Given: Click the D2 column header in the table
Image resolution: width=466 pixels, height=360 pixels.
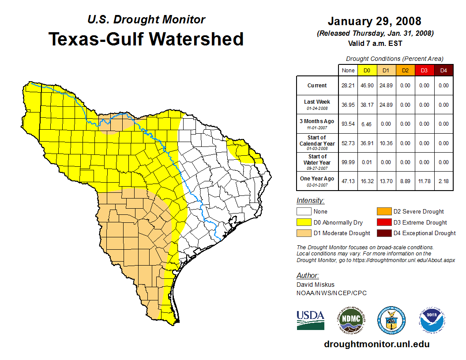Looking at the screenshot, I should click(405, 70).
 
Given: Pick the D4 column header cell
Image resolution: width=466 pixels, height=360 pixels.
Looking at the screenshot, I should click(443, 70).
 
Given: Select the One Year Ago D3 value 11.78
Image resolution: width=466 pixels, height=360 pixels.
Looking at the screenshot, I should click(424, 181).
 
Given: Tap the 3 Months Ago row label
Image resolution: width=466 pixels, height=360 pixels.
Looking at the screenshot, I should click(317, 124).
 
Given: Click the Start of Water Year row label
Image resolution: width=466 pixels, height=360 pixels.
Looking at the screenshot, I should click(317, 162).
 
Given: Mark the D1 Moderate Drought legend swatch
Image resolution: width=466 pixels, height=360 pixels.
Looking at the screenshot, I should click(304, 233).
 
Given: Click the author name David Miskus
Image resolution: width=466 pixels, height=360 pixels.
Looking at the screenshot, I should click(316, 285).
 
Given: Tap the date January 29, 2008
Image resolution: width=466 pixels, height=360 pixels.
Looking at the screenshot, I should click(374, 21).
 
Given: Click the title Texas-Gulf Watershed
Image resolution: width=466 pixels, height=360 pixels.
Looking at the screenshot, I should click(146, 39).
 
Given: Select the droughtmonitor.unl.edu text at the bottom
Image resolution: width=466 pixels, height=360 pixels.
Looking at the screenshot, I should click(376, 344).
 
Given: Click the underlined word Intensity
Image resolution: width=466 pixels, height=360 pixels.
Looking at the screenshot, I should click(310, 201).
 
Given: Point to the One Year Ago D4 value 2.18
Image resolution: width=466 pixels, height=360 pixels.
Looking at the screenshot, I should click(443, 181).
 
